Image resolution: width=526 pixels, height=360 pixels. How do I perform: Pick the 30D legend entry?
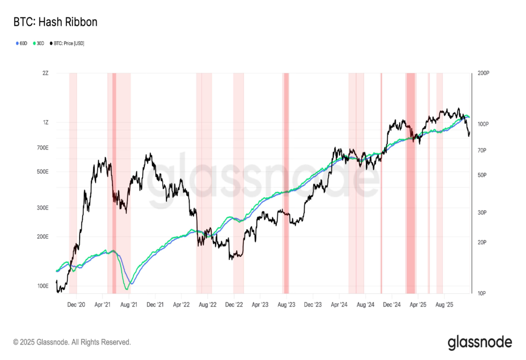(39, 44)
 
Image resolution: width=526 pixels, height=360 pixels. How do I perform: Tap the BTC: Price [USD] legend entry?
(67, 44)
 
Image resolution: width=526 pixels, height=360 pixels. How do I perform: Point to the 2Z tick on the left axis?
(45, 73)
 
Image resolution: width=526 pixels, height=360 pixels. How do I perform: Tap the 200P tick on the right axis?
(483, 74)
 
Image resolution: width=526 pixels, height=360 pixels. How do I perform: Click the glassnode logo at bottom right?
(480, 342)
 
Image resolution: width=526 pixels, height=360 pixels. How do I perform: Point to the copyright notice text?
(72, 342)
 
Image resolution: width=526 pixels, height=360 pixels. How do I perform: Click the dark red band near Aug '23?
(286, 180)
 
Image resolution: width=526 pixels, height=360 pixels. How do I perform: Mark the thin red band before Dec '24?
(381, 180)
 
